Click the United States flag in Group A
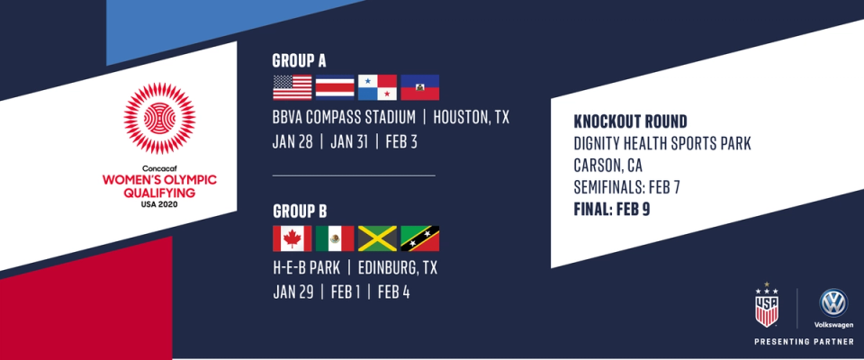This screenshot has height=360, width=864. coord(292,87)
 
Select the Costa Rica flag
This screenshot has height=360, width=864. coord(335,87)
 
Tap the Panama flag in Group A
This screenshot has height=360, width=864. coord(377,87)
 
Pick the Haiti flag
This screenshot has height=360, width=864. coord(420,87)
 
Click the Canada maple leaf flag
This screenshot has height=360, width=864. coord(292,238)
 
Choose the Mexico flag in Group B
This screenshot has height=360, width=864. coord(335,238)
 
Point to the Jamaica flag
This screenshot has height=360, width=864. coord(377,238)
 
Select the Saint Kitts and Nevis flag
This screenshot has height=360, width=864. coord(420,238)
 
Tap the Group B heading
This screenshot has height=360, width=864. coord(301,211)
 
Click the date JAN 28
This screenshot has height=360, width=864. coord(292,142)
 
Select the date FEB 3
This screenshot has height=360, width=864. coord(401,142)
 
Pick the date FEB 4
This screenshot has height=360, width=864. coord(393,292)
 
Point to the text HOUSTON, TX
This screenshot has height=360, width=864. coord(471,117)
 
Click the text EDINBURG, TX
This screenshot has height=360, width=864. coord(398,268)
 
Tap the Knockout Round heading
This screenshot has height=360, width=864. coord(630,121)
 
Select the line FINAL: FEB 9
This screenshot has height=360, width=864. coord(612,210)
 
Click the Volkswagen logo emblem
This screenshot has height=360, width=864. coord(833,302)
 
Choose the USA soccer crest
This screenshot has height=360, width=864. coord(767,307)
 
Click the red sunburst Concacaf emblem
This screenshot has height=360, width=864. coord(159,119)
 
